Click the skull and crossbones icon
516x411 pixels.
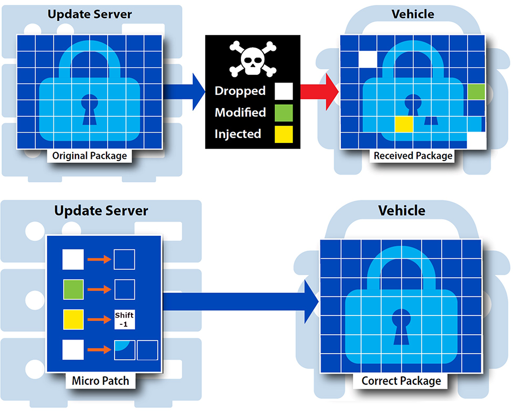point(252,59)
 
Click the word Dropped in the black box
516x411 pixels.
point(240,91)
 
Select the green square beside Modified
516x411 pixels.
point(284,112)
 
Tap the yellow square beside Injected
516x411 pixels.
point(284,134)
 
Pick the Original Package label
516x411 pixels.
point(90,156)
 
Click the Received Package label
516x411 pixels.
point(413,156)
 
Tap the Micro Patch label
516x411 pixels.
point(100,380)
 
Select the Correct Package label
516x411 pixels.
point(401,380)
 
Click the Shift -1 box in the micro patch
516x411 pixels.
point(124,319)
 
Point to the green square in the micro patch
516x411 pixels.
point(73,289)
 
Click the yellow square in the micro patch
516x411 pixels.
point(73,319)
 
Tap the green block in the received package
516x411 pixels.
point(476,92)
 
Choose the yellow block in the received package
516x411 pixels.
point(403,124)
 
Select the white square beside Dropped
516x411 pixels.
point(284,91)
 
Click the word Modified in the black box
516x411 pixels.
point(240,112)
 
